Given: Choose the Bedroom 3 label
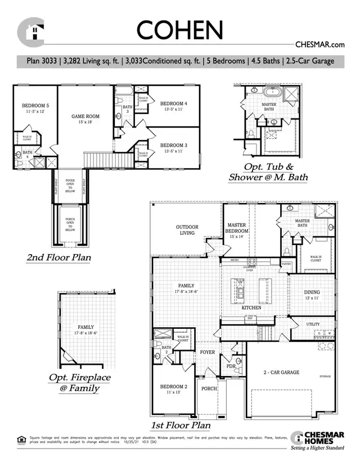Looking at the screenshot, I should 173,148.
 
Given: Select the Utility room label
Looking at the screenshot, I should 313,324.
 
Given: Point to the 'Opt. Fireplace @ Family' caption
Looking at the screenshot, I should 82,383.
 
